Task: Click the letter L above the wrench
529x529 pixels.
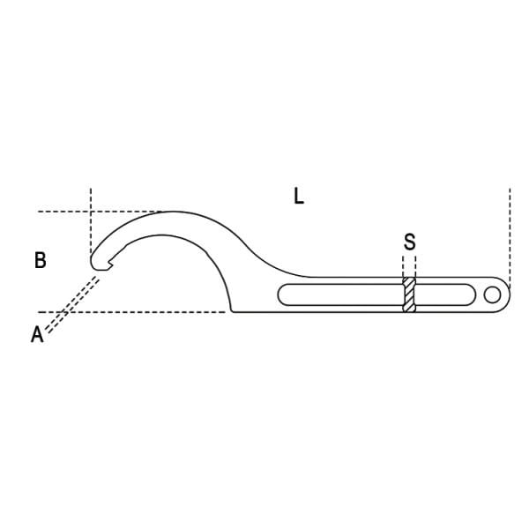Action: pyautogui.click(x=299, y=196)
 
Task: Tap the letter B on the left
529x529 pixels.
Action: pyautogui.click(x=41, y=260)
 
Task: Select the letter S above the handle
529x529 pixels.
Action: pyautogui.click(x=410, y=242)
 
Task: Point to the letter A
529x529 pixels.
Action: pyautogui.click(x=37, y=335)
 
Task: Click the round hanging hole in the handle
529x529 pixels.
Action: pyautogui.click(x=492, y=294)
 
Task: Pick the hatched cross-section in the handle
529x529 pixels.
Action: pyautogui.click(x=409, y=294)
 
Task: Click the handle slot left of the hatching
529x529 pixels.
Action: pyautogui.click(x=340, y=294)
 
